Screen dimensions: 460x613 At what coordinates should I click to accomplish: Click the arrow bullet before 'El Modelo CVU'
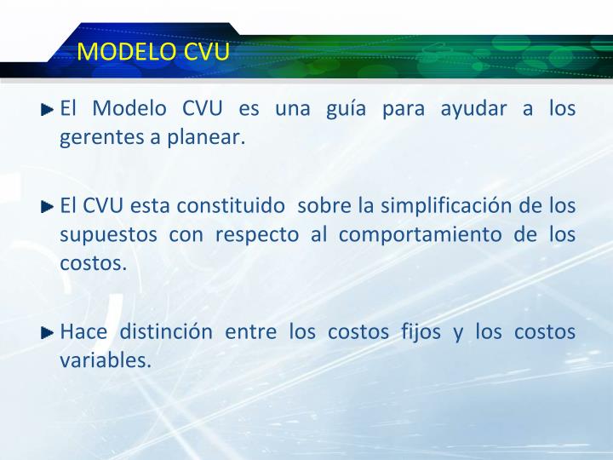pyautogui.click(x=48, y=110)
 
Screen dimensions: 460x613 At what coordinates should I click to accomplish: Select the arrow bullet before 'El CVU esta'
pyautogui.click(x=48, y=206)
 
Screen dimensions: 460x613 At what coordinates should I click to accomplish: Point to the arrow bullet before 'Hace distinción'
pyautogui.click(x=48, y=332)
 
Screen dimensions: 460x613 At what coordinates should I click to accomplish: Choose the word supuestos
pyautogui.click(x=108, y=234)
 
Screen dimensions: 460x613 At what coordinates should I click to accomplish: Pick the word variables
pyautogui.click(x=106, y=360)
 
